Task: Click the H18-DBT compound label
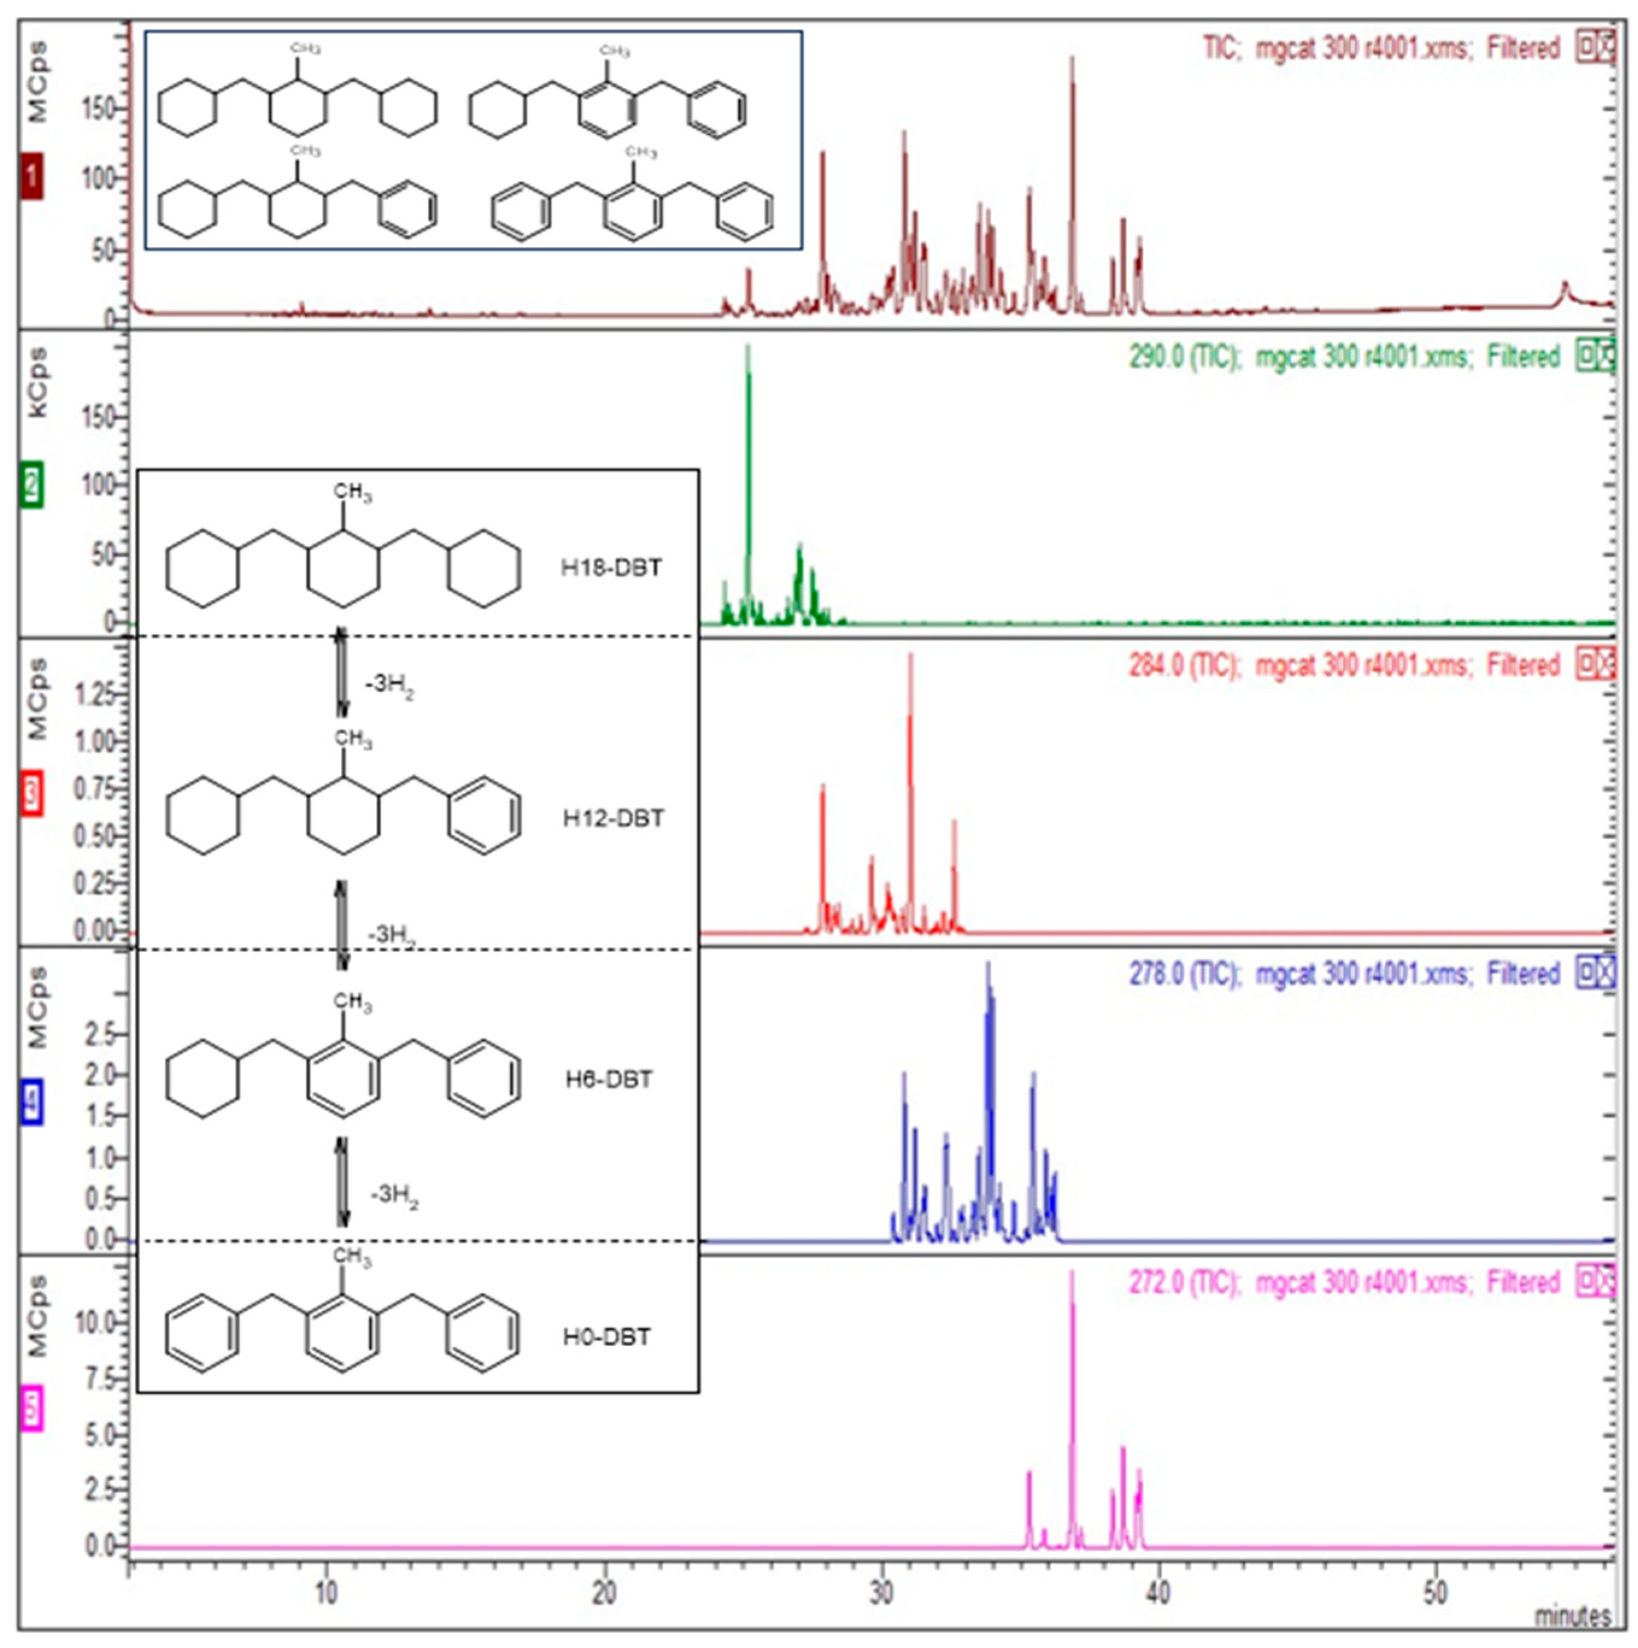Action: click(x=611, y=568)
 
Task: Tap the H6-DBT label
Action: click(x=608, y=1080)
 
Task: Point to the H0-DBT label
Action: click(x=607, y=1337)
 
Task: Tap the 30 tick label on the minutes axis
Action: click(x=881, y=1593)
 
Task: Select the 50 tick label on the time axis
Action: click(x=1436, y=1593)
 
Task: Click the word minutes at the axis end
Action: click(x=1572, y=1617)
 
